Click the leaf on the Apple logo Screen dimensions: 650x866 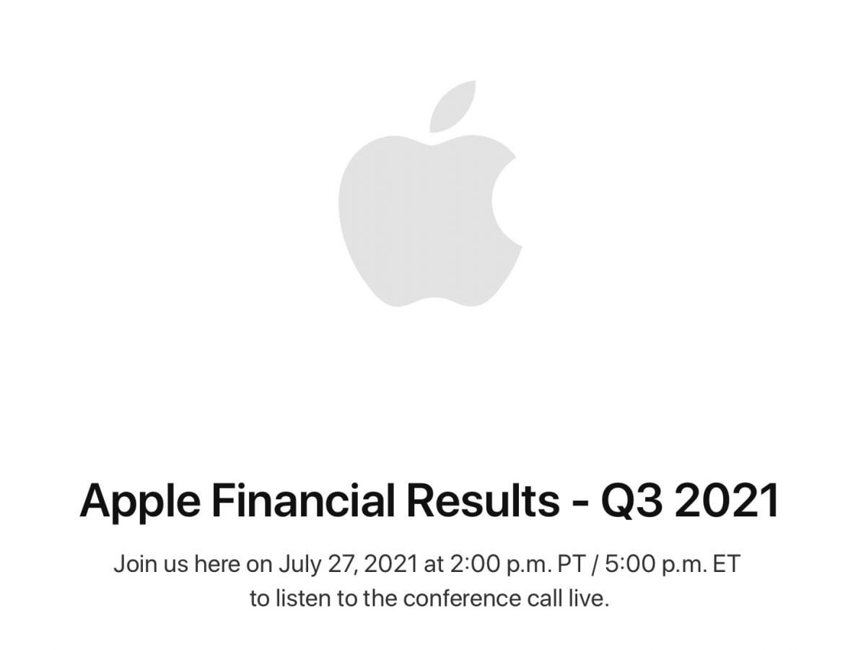[452, 107]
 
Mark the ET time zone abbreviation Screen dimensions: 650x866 [727, 565]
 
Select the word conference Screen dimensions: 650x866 [454, 599]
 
